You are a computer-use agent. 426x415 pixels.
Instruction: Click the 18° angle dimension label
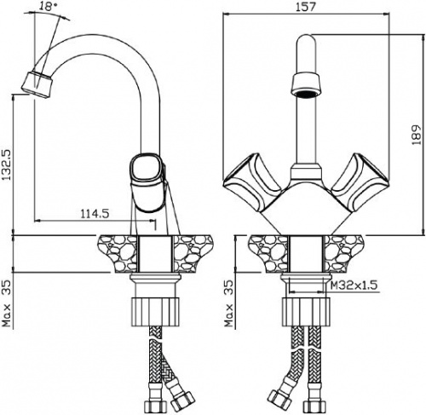click(x=47, y=6)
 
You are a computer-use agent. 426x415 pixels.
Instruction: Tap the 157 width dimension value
click(x=306, y=7)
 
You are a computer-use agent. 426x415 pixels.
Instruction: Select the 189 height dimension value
click(x=417, y=135)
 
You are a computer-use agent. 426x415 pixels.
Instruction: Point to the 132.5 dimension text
click(x=6, y=164)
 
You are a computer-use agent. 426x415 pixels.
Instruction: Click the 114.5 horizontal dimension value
click(x=95, y=213)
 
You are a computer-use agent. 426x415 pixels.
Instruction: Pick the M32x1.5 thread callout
click(x=354, y=285)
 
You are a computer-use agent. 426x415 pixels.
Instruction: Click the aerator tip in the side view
click(x=37, y=84)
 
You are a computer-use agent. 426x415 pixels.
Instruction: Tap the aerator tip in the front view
click(x=306, y=85)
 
